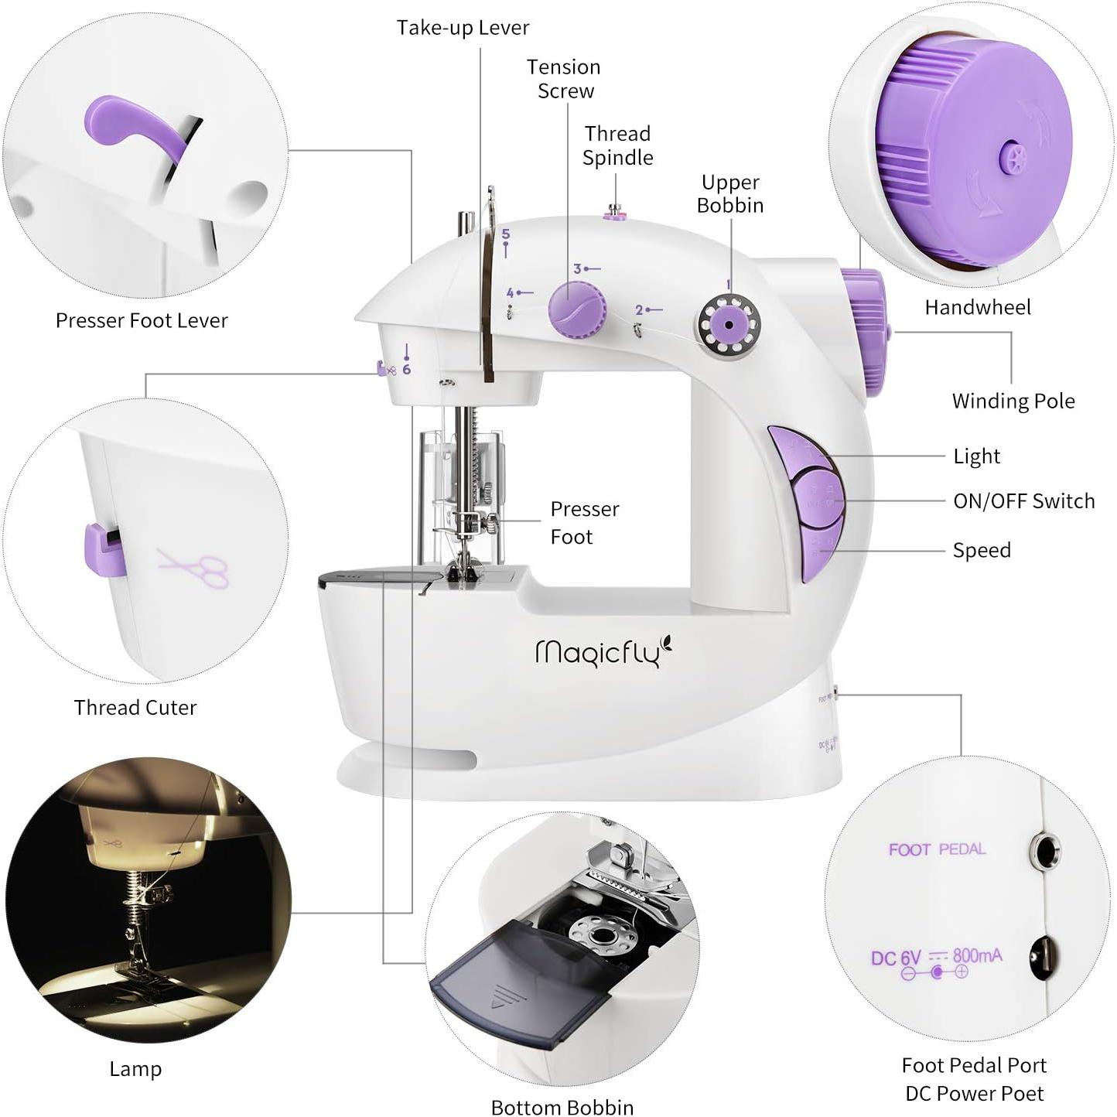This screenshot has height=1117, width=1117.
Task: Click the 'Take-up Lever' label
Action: pos(463,28)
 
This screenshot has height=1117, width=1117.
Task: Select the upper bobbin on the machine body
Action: pos(729,324)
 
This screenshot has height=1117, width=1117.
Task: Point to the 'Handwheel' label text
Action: pos(977,307)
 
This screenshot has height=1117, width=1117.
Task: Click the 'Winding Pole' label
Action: pos(1013,401)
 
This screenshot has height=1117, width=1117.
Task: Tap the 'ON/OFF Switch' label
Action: pos(1023,501)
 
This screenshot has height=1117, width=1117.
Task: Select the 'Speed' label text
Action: pos(981,550)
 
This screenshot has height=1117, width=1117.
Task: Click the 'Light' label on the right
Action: pos(976,456)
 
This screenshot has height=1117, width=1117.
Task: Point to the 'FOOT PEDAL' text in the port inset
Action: pos(936,849)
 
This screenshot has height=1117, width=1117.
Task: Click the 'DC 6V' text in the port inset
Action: pos(895,958)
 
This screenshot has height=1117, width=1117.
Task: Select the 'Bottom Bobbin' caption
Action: pos(562,1107)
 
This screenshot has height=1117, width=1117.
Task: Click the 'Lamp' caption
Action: pos(135,1069)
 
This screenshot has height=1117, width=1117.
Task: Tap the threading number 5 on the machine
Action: pos(505,234)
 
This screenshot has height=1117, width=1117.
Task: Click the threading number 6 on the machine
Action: pos(406,369)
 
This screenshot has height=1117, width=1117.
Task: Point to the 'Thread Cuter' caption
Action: pos(135,707)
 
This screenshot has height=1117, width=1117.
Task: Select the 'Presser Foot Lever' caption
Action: pos(142,320)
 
